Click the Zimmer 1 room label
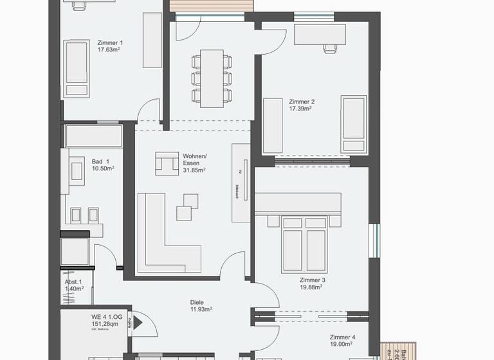coord(109,41)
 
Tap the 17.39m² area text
coord(301,109)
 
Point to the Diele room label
coord(197,302)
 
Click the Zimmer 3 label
coord(312,281)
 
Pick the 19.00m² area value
coord(342,345)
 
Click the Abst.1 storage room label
coord(73,282)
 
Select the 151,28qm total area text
coord(107,325)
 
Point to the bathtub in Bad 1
coord(93,136)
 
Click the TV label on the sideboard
coord(239,172)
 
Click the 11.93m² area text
coord(197,309)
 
